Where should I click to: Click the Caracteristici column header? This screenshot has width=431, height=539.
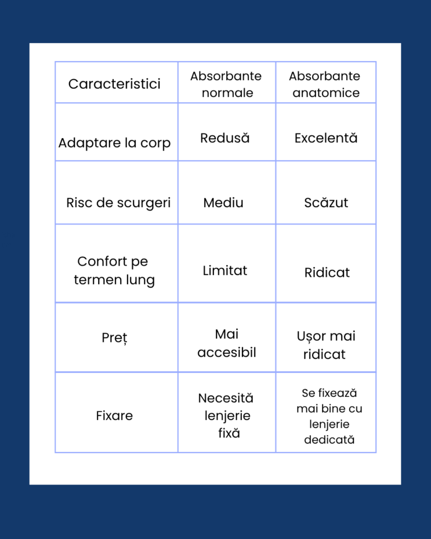(114, 84)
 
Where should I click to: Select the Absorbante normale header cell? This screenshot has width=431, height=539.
(226, 84)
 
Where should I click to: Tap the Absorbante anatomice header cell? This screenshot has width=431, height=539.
(325, 84)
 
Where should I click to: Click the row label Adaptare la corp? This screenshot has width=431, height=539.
(114, 143)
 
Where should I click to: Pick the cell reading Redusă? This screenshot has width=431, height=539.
(225, 138)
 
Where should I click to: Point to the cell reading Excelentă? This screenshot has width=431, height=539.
(326, 138)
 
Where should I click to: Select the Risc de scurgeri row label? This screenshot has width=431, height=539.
(118, 203)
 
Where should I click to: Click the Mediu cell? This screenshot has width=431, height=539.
(223, 203)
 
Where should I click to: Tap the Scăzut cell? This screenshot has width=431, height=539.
(326, 203)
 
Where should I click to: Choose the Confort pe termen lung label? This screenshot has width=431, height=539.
(114, 270)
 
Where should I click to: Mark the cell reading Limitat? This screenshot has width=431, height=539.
(225, 270)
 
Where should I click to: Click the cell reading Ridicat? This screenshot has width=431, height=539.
(327, 272)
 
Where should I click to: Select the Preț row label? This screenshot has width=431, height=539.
(114, 338)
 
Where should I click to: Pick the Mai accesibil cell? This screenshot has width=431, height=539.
(227, 343)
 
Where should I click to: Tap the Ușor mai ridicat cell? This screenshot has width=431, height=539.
(325, 345)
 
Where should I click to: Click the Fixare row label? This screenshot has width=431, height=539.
(114, 415)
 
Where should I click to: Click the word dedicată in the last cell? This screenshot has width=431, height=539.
(329, 440)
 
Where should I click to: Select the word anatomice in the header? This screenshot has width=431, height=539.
(326, 93)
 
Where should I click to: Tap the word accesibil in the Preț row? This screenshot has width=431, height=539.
(227, 353)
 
